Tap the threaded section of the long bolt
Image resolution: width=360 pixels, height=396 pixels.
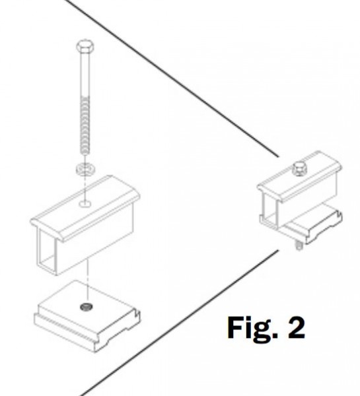pyautogui.click(x=85, y=125)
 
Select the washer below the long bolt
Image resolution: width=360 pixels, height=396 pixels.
pyautogui.click(x=85, y=168)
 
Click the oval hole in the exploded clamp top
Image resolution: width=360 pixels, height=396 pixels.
pyautogui.click(x=85, y=203)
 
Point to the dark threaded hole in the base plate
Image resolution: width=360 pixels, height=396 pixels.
pyautogui.click(x=87, y=307)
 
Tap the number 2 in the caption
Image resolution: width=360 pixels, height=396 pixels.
pyautogui.click(x=297, y=327)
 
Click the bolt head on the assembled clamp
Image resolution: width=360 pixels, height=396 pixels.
pyautogui.click(x=299, y=168)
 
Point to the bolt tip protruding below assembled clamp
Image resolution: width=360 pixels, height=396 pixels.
pyautogui.click(x=299, y=246)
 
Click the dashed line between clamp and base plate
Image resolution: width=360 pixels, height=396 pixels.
pyautogui.click(x=87, y=280)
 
